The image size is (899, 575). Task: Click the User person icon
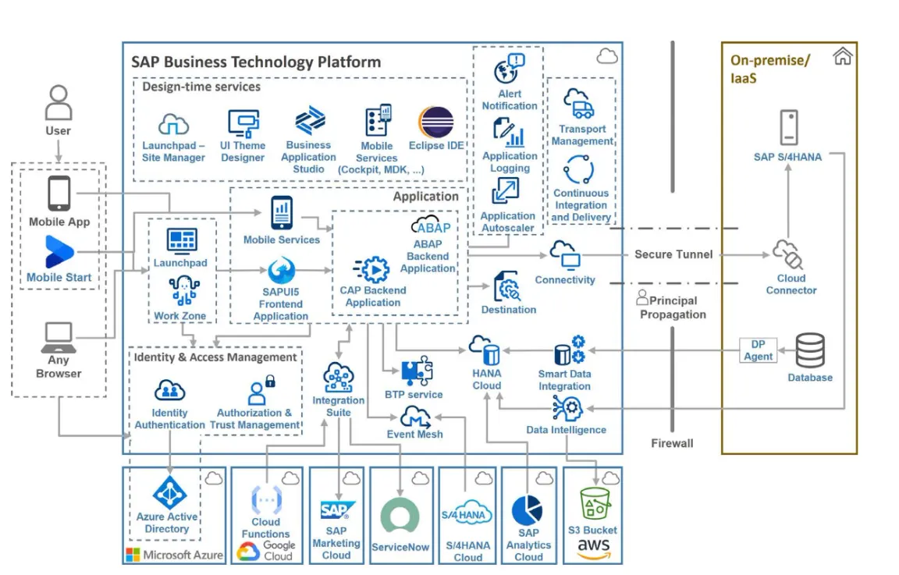pos(58,102)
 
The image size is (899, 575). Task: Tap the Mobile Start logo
pos(59,252)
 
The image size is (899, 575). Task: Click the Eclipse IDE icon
pos(435,123)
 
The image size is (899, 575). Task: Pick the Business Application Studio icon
pos(309,122)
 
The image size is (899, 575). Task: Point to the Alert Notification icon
pos(509,70)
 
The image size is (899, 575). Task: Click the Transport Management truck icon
pos(580,104)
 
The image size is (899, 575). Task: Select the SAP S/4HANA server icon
pos(787,128)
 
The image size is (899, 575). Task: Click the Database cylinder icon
pos(809,350)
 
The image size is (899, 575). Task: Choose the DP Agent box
pos(758,350)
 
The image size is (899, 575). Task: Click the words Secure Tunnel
pos(673,254)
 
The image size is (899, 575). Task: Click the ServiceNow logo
pos(400,516)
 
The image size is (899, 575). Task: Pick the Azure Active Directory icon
pos(167,493)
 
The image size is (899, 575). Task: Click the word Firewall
pos(672,443)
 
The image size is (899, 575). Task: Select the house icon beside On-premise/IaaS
pos(842,57)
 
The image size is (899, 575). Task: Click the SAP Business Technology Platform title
pos(256,62)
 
